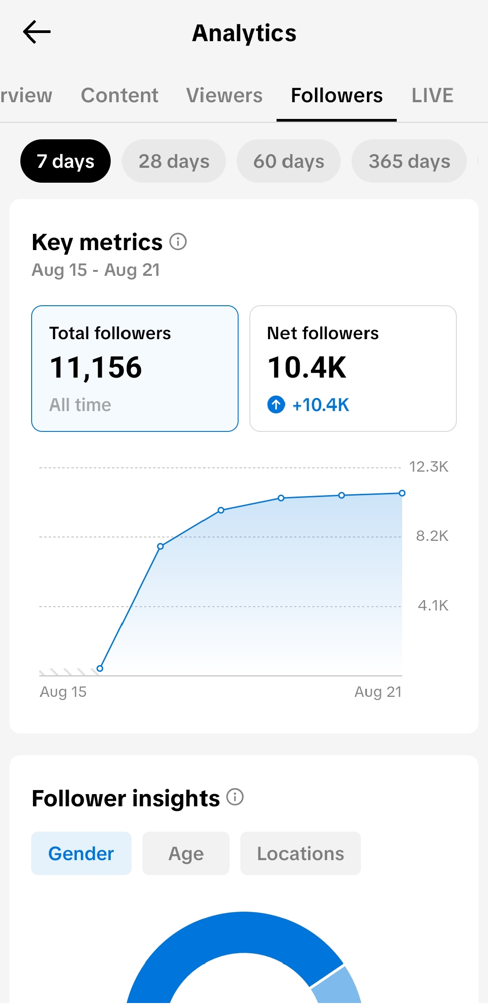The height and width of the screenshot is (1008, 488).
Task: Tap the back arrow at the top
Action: pyautogui.click(x=37, y=32)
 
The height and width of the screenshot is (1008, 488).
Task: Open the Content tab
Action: pyautogui.click(x=120, y=95)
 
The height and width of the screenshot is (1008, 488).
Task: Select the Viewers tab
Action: pyautogui.click(x=224, y=95)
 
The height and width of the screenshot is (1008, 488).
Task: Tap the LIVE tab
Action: pyautogui.click(x=432, y=95)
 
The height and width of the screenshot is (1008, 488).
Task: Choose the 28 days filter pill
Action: pyautogui.click(x=174, y=161)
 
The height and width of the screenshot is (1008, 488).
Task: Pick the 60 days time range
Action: pyautogui.click(x=289, y=161)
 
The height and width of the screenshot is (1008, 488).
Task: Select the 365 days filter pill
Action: pyautogui.click(x=409, y=161)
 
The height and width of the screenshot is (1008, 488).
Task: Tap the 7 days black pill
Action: pyautogui.click(x=66, y=161)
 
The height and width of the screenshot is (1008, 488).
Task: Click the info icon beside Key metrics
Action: pyautogui.click(x=178, y=241)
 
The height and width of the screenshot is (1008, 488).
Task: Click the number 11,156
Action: pyautogui.click(x=96, y=367)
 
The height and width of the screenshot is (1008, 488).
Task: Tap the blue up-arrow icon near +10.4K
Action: pyautogui.click(x=276, y=404)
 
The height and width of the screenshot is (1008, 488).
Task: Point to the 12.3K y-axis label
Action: pyautogui.click(x=428, y=467)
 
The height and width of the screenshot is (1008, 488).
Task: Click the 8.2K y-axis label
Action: pyautogui.click(x=432, y=536)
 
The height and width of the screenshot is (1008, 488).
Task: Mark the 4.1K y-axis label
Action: pyautogui.click(x=433, y=606)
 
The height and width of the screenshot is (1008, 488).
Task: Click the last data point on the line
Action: pyautogui.click(x=402, y=493)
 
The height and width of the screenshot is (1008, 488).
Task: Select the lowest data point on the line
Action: pyautogui.click(x=100, y=668)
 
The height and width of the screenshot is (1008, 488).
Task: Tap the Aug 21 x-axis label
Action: pyautogui.click(x=378, y=692)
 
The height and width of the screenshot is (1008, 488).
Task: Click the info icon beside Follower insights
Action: pyautogui.click(x=235, y=797)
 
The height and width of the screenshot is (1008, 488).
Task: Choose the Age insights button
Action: pyautogui.click(x=186, y=853)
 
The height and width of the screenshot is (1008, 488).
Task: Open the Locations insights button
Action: pyautogui.click(x=300, y=853)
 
